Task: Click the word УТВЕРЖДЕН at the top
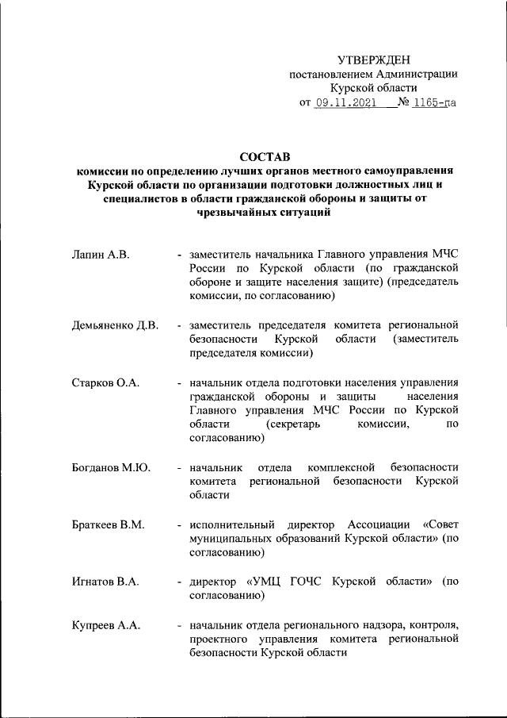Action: pos(374,60)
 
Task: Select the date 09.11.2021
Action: pos(345,102)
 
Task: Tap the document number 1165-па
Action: pos(436,102)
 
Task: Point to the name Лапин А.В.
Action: pos(101,254)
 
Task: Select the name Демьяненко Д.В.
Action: pos(116,325)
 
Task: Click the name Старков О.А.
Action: pos(105,382)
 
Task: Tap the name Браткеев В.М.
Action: pos(108,524)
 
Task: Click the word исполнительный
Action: pos(232,524)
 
